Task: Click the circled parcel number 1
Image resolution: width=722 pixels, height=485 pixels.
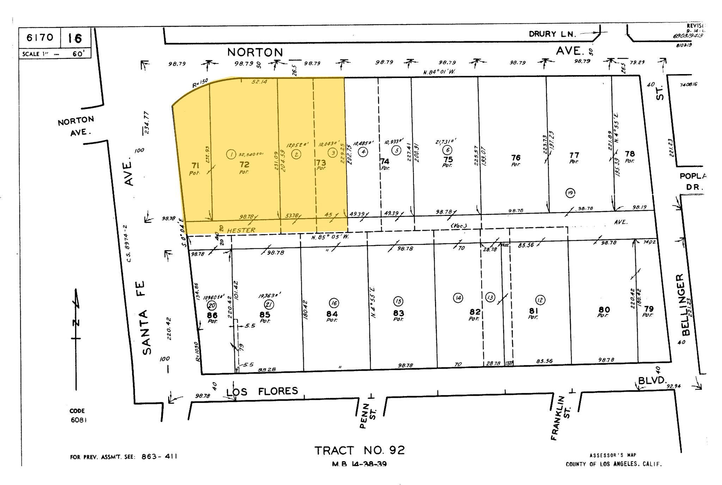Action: pos(231,154)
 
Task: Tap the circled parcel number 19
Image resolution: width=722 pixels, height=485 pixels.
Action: pos(570,193)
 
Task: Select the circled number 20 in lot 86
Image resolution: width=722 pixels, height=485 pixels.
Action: pos(212,305)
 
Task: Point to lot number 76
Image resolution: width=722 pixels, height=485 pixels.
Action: pos(516,158)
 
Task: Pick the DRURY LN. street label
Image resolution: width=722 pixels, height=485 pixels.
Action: pos(552,34)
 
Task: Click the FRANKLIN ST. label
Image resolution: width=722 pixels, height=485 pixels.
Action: pos(561,418)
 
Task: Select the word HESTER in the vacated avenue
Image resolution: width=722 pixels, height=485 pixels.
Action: pos(241,230)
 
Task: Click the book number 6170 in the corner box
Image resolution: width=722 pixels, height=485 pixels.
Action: pos(40,37)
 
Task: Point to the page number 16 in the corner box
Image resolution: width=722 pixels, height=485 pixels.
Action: pos(75,38)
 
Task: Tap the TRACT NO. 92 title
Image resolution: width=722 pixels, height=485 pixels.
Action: pos(359,450)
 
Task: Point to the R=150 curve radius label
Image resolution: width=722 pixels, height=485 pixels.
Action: pos(200,84)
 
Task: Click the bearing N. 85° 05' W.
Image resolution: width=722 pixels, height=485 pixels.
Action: pos(330,237)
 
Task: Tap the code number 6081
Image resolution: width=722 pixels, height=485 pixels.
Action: pos(78,420)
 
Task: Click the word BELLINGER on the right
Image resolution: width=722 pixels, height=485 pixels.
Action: pos(683,305)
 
